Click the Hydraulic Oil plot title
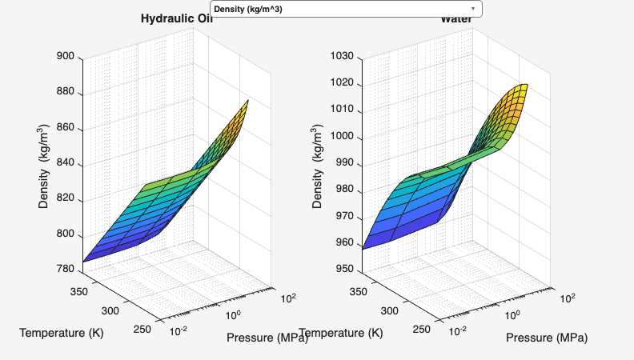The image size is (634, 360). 176,19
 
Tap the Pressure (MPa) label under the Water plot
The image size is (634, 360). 547,337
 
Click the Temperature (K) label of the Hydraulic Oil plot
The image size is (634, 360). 62,332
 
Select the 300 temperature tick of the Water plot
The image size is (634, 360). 390,310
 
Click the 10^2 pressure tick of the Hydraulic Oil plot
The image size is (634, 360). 288,298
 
